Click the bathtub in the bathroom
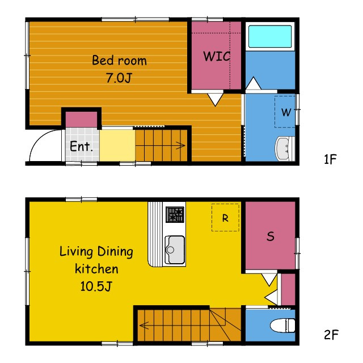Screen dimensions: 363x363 pos(270,36)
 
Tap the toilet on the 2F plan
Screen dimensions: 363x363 pos(282,325)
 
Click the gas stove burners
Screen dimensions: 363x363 pos(175,214)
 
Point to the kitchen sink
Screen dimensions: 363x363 pos(175,250)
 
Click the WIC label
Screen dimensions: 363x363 pos(217,56)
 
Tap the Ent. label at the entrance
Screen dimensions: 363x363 pos(81,146)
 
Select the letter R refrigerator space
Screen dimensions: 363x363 pos(225,218)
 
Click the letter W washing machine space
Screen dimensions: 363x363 pos(286,112)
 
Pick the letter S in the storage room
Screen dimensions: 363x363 pos(271,237)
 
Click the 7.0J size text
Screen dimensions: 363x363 pos(119,78)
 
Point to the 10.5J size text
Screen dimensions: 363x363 pos(96,286)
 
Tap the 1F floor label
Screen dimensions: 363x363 pos(330,159)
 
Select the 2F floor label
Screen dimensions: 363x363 pos(331,335)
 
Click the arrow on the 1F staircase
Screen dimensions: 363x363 pos(160,145)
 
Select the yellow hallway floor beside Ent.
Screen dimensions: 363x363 pos(117,145)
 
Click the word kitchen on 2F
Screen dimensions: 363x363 pos(96,269)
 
